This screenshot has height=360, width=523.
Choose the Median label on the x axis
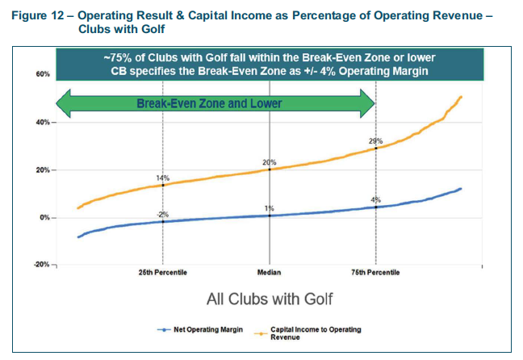click(270, 273)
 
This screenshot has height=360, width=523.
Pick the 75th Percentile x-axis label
click(376, 273)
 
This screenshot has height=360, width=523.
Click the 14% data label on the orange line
click(162, 177)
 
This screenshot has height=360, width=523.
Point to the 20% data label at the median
click(270, 162)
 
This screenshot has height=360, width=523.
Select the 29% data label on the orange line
click(374, 141)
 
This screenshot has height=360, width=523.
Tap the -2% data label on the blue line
click(162, 213)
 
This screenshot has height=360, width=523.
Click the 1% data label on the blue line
click(270, 209)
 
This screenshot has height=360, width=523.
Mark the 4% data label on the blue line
click(376, 199)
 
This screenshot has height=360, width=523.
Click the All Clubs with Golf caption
click(270, 299)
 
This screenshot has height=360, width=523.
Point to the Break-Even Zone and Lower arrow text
click(210, 103)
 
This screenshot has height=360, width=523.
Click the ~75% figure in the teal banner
click(117, 57)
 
